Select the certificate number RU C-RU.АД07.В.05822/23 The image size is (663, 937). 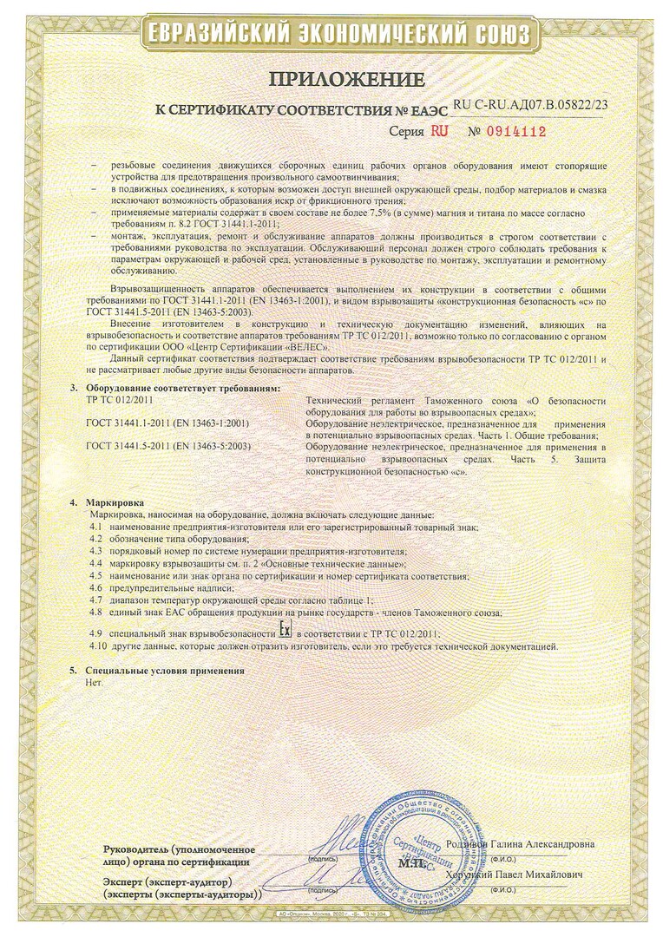[x=530, y=103]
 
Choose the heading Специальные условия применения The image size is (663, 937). [x=165, y=671]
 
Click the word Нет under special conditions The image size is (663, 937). [x=94, y=683]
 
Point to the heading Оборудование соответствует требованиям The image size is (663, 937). [x=183, y=388]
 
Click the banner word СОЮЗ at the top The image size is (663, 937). [x=491, y=35]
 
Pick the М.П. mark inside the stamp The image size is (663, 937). [x=410, y=864]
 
